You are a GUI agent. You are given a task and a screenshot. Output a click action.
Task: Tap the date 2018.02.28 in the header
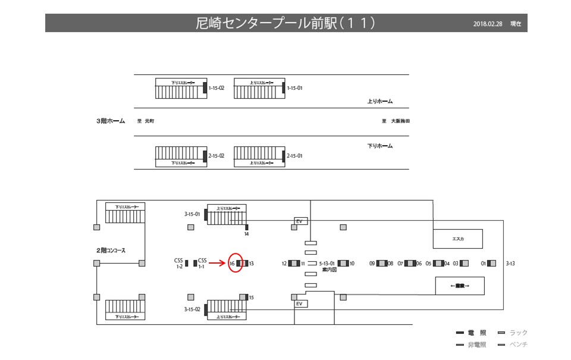tap(488, 24)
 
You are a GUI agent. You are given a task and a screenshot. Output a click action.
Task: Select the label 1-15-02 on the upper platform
tap(216, 88)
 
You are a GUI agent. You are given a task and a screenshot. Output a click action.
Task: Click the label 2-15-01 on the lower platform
tap(294, 156)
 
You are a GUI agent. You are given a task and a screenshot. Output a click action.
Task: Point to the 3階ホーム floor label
tap(111, 121)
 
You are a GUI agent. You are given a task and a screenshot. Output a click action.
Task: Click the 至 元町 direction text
tap(146, 121)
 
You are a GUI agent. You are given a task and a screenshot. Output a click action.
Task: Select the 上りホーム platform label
tap(380, 101)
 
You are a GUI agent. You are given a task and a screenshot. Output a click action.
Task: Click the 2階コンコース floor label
tap(111, 251)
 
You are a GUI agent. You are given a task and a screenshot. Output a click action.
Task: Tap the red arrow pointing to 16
tap(218, 263)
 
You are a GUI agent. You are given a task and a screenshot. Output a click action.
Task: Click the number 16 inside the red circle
tap(231, 263)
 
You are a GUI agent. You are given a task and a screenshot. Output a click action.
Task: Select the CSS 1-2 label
tap(178, 263)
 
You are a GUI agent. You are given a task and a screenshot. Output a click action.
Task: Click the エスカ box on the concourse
tap(457, 239)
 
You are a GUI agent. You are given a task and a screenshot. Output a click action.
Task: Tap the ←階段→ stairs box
tap(460, 286)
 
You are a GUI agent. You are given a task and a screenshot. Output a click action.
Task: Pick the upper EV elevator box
tap(300, 221)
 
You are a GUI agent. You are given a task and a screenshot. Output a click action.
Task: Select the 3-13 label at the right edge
tap(511, 263)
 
